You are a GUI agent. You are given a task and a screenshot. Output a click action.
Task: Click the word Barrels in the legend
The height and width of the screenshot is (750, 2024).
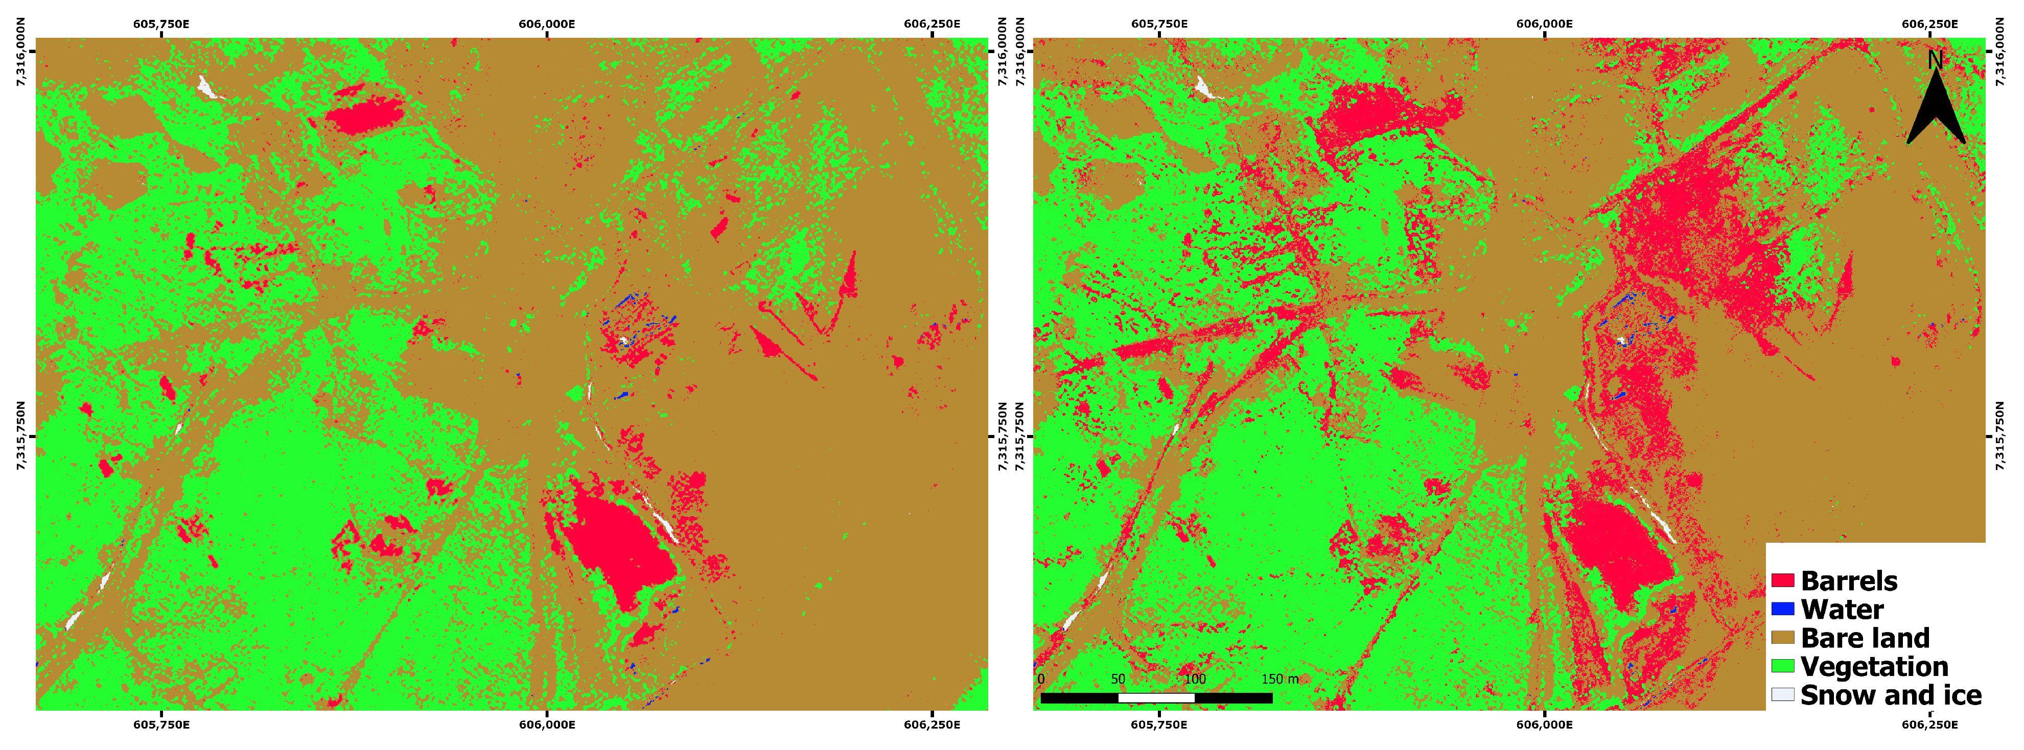[1849, 581]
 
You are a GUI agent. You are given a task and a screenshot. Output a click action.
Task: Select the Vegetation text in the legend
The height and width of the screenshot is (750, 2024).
[1874, 667]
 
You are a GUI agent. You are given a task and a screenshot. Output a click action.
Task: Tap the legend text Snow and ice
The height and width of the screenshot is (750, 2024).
[1891, 695]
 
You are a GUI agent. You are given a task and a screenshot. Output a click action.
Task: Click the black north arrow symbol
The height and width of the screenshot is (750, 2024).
[1935, 110]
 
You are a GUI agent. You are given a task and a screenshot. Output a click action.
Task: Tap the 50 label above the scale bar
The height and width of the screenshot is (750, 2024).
[1118, 679]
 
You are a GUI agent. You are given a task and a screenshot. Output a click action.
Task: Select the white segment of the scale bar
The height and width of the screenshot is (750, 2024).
[1156, 697]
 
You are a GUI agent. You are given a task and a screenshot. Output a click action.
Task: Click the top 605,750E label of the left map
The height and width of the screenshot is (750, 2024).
[161, 23]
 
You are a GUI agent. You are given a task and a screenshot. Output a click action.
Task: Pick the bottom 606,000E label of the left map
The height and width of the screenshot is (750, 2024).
[547, 724]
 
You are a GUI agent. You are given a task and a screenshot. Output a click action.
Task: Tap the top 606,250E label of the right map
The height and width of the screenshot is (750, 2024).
[1929, 23]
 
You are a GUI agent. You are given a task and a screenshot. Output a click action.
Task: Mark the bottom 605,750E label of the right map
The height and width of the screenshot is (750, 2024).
[1159, 724]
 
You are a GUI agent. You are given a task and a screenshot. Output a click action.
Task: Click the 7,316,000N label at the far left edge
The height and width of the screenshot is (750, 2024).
[21, 52]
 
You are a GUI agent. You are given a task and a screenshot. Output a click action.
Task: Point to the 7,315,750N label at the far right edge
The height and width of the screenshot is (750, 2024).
[2001, 437]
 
